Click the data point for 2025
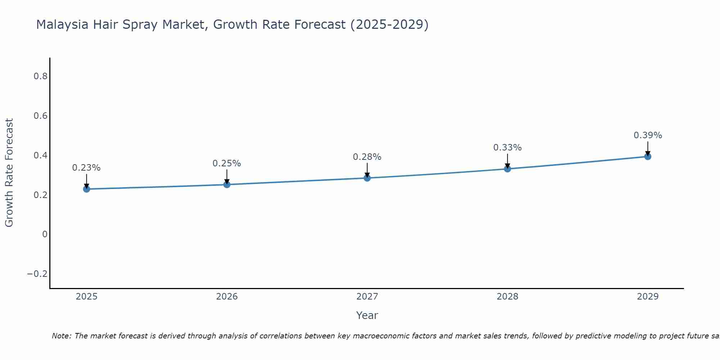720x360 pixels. [x=86, y=189]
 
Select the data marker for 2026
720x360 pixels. [x=227, y=185]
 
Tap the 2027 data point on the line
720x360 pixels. [x=367, y=178]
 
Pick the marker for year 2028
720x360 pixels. [x=507, y=169]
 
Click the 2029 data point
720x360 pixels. [x=648, y=156]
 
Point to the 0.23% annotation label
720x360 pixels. [x=86, y=168]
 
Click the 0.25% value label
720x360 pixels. [x=227, y=163]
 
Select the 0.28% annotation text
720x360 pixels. [x=367, y=157]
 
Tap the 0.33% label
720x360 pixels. [x=507, y=148]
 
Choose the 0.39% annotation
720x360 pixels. [x=648, y=135]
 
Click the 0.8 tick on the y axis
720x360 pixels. [x=40, y=76]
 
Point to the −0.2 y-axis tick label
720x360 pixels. [x=37, y=274]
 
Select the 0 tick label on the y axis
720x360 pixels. [x=45, y=234]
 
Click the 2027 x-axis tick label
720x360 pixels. [x=367, y=297]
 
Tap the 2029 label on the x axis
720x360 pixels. [x=648, y=297]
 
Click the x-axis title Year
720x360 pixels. [x=367, y=315]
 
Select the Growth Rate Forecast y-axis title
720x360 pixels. [x=9, y=173]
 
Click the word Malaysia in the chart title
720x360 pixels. [x=62, y=25]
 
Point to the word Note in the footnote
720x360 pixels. [x=62, y=336]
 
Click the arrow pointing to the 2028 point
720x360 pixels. [x=507, y=161]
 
